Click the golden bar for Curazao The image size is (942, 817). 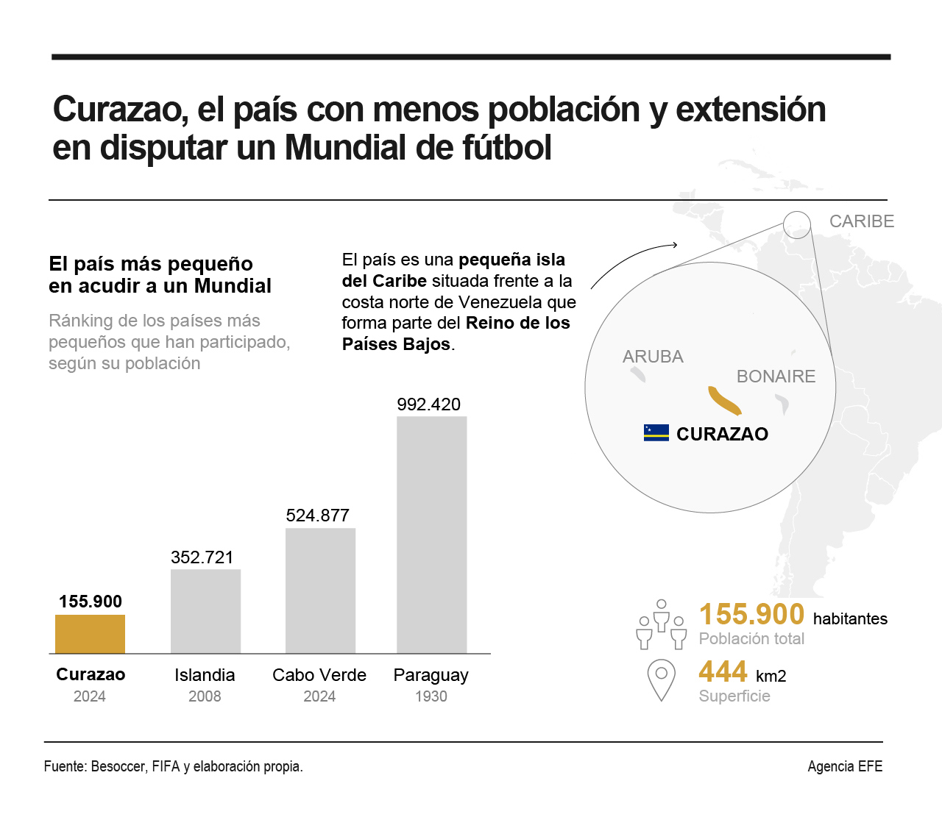pos(90,634)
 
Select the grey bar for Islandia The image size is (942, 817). pos(205,611)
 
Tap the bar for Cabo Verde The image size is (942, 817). pos(320,591)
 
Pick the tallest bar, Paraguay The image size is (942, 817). pos(431,535)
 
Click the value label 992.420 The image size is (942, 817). pos(428,404)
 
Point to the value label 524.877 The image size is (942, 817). pos(317,515)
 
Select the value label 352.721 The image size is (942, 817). pos(202,557)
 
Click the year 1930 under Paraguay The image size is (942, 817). pos(431,696)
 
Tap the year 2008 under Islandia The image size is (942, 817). pos(205,696)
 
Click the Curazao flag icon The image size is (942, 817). pos(656,432)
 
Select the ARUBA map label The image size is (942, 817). pos(653,357)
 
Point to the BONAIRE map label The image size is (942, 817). pos(776,377)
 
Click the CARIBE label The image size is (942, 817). pos(862,221)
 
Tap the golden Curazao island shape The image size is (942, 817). pos(724,400)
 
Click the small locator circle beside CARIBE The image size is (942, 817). pos(796,224)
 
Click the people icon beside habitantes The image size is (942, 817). pos(661,624)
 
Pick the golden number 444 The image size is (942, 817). pos(723,671)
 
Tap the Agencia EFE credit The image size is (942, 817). pos(845,766)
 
